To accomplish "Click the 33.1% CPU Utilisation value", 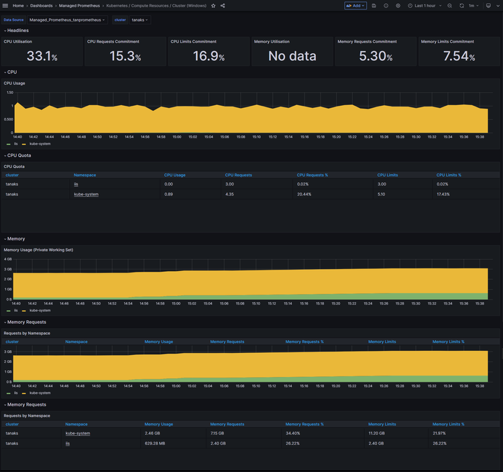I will (42, 56).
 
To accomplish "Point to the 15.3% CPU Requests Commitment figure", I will (125, 56).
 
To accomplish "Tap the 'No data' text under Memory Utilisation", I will (292, 56).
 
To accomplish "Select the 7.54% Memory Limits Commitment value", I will (459, 56).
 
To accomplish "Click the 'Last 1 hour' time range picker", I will (425, 5).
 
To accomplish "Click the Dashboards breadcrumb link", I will (41, 5).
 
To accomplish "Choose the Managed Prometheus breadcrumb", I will (77, 5).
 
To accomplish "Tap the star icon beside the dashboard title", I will (213, 5).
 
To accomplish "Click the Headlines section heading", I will (17, 30).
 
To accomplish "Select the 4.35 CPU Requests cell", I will (229, 194).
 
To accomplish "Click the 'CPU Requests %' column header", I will (312, 175).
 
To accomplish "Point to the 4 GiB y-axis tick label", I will (7, 259).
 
